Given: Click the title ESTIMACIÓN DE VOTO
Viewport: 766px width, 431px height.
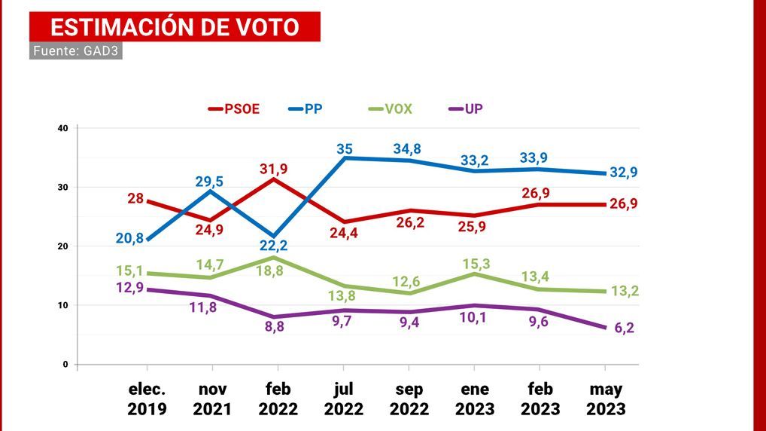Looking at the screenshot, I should (175, 27).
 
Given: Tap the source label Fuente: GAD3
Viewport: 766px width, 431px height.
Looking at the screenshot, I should (76, 50).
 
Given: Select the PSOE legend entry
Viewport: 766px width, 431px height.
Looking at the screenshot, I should (234, 109).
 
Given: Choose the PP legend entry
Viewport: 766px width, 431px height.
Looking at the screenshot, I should (306, 109).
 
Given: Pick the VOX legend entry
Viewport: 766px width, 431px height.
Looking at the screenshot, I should (390, 109).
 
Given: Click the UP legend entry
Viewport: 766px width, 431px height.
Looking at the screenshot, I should (466, 109).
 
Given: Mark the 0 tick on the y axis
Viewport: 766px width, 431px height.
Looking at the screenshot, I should (65, 365).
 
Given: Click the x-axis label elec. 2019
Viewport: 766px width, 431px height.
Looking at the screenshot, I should (146, 399).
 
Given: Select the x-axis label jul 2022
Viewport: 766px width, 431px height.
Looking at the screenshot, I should (343, 399).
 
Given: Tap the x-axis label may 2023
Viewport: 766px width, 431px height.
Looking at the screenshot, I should (606, 399).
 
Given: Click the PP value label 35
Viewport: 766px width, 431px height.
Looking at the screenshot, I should (344, 149).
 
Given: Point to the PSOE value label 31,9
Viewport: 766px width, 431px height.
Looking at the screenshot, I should (273, 169).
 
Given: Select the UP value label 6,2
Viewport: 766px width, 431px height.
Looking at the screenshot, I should (624, 328).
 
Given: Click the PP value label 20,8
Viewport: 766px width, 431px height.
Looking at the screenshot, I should (130, 237).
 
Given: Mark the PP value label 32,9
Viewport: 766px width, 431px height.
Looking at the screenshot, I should (624, 173).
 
